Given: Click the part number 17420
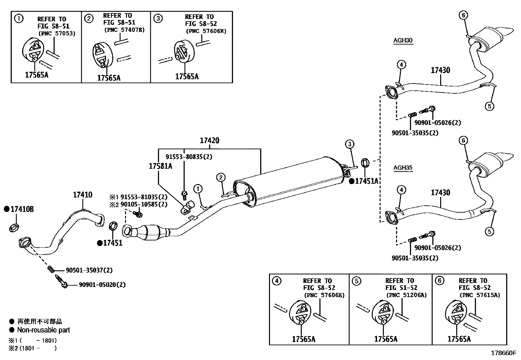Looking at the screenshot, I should click(x=209, y=141).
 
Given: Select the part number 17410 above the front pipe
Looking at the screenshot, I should click(x=82, y=195).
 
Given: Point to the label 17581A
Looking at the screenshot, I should click(x=160, y=166).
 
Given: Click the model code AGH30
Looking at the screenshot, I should click(x=403, y=41).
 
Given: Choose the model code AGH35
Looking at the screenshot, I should click(x=403, y=168).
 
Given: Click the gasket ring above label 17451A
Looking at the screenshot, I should click(x=365, y=163).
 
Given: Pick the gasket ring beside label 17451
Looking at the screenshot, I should click(x=113, y=226).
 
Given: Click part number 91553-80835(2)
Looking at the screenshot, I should click(x=189, y=157).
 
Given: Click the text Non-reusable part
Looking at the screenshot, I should click(x=44, y=330).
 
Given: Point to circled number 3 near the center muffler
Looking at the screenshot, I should click(x=349, y=144).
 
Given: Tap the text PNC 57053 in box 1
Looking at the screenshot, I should click(x=57, y=33).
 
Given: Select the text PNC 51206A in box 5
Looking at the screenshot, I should click(x=406, y=295).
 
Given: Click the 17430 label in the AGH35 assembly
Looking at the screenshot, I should click(x=440, y=193).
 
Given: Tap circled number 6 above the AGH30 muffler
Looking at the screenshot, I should click(x=463, y=15).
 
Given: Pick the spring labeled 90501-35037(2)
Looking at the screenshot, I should click(x=51, y=269).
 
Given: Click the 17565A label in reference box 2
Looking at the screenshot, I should click(x=109, y=78).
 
